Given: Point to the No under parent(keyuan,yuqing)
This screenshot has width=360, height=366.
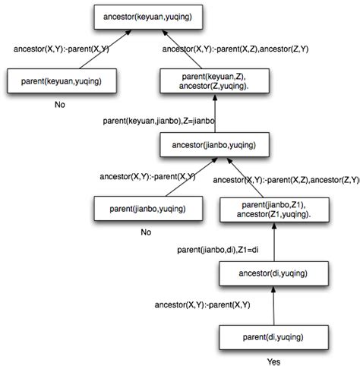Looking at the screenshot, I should coord(60,104).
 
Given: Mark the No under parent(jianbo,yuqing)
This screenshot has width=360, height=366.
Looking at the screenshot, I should coord(146,232).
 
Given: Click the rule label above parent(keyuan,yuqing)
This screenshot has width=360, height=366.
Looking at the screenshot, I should coord(62,50).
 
